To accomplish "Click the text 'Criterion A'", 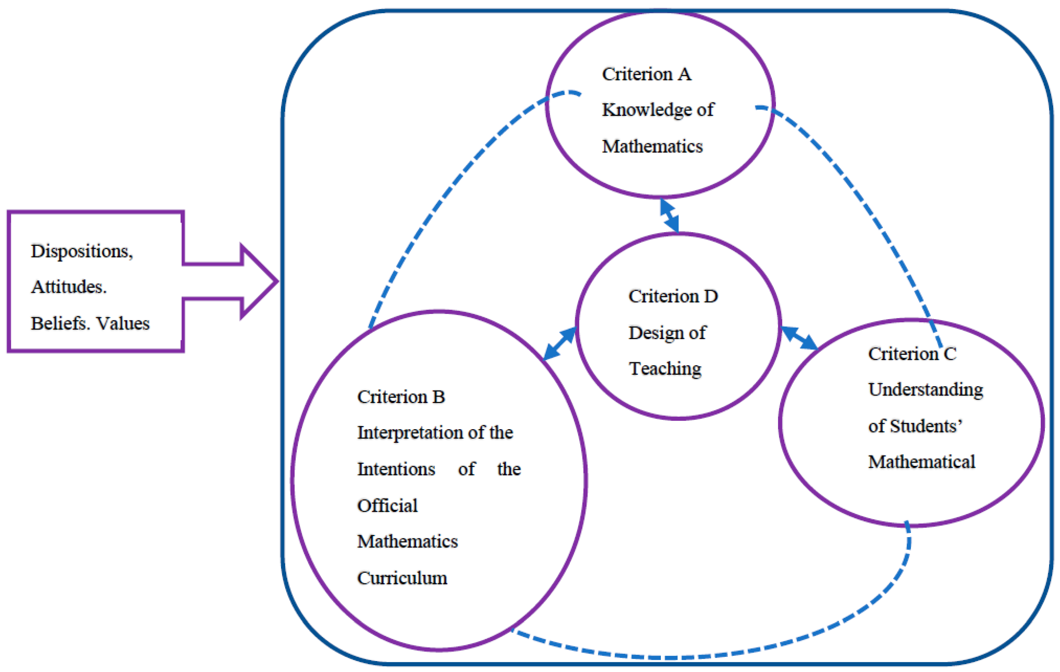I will tap(646, 74).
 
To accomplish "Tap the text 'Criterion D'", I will tap(673, 296).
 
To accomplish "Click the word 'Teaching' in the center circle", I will tap(665, 368).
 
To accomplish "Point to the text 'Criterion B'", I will tap(401, 397).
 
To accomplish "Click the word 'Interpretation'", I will tap(410, 432).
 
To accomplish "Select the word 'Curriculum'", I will tap(402, 578).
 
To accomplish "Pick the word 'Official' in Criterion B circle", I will tap(387, 505).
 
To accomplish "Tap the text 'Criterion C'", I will tap(912, 353).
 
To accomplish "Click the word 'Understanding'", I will tap(925, 390).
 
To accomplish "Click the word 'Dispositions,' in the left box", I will tap(82, 251).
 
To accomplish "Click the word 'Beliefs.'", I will tap(61, 323).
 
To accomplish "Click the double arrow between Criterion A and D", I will tap(670, 215).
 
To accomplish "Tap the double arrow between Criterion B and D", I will tap(559, 343).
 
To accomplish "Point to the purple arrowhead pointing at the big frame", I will tap(260, 281).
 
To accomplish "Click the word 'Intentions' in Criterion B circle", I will tap(396, 469).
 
